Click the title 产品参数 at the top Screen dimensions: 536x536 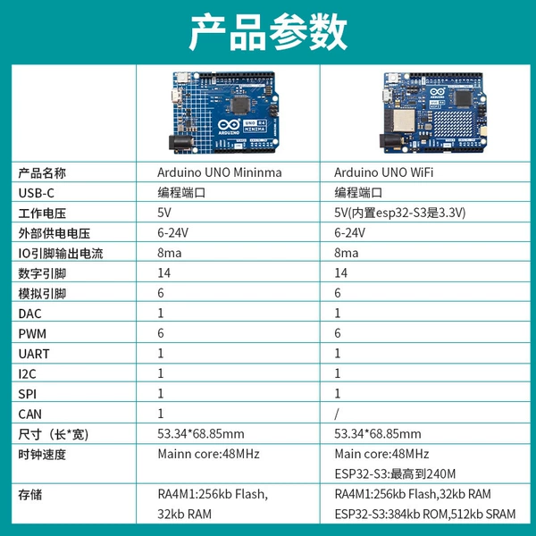coord(268,32)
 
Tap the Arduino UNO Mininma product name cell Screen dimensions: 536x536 coord(220,172)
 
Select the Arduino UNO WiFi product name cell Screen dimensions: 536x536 coord(383,172)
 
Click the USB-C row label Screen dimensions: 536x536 coord(37,193)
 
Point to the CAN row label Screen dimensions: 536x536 coord(30,415)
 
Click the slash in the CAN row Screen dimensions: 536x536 coord(337,414)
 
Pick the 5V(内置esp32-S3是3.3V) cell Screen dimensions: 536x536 coord(399,213)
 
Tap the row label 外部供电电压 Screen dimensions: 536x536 coord(54,233)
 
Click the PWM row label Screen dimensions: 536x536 coord(32,333)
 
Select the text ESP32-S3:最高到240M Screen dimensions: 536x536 coord(395,473)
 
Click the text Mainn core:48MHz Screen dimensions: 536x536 coord(208,454)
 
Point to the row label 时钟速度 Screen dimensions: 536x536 coord(42,455)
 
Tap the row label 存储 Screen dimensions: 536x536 coord(30,495)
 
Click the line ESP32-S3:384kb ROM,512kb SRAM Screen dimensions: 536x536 coord(425,514)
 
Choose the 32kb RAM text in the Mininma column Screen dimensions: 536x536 coord(185,514)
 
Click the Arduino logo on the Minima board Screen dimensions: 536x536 coord(229,127)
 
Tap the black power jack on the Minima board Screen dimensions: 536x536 coord(180,143)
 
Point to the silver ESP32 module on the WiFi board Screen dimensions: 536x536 coord(404,121)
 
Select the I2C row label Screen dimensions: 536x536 coord(27,374)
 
